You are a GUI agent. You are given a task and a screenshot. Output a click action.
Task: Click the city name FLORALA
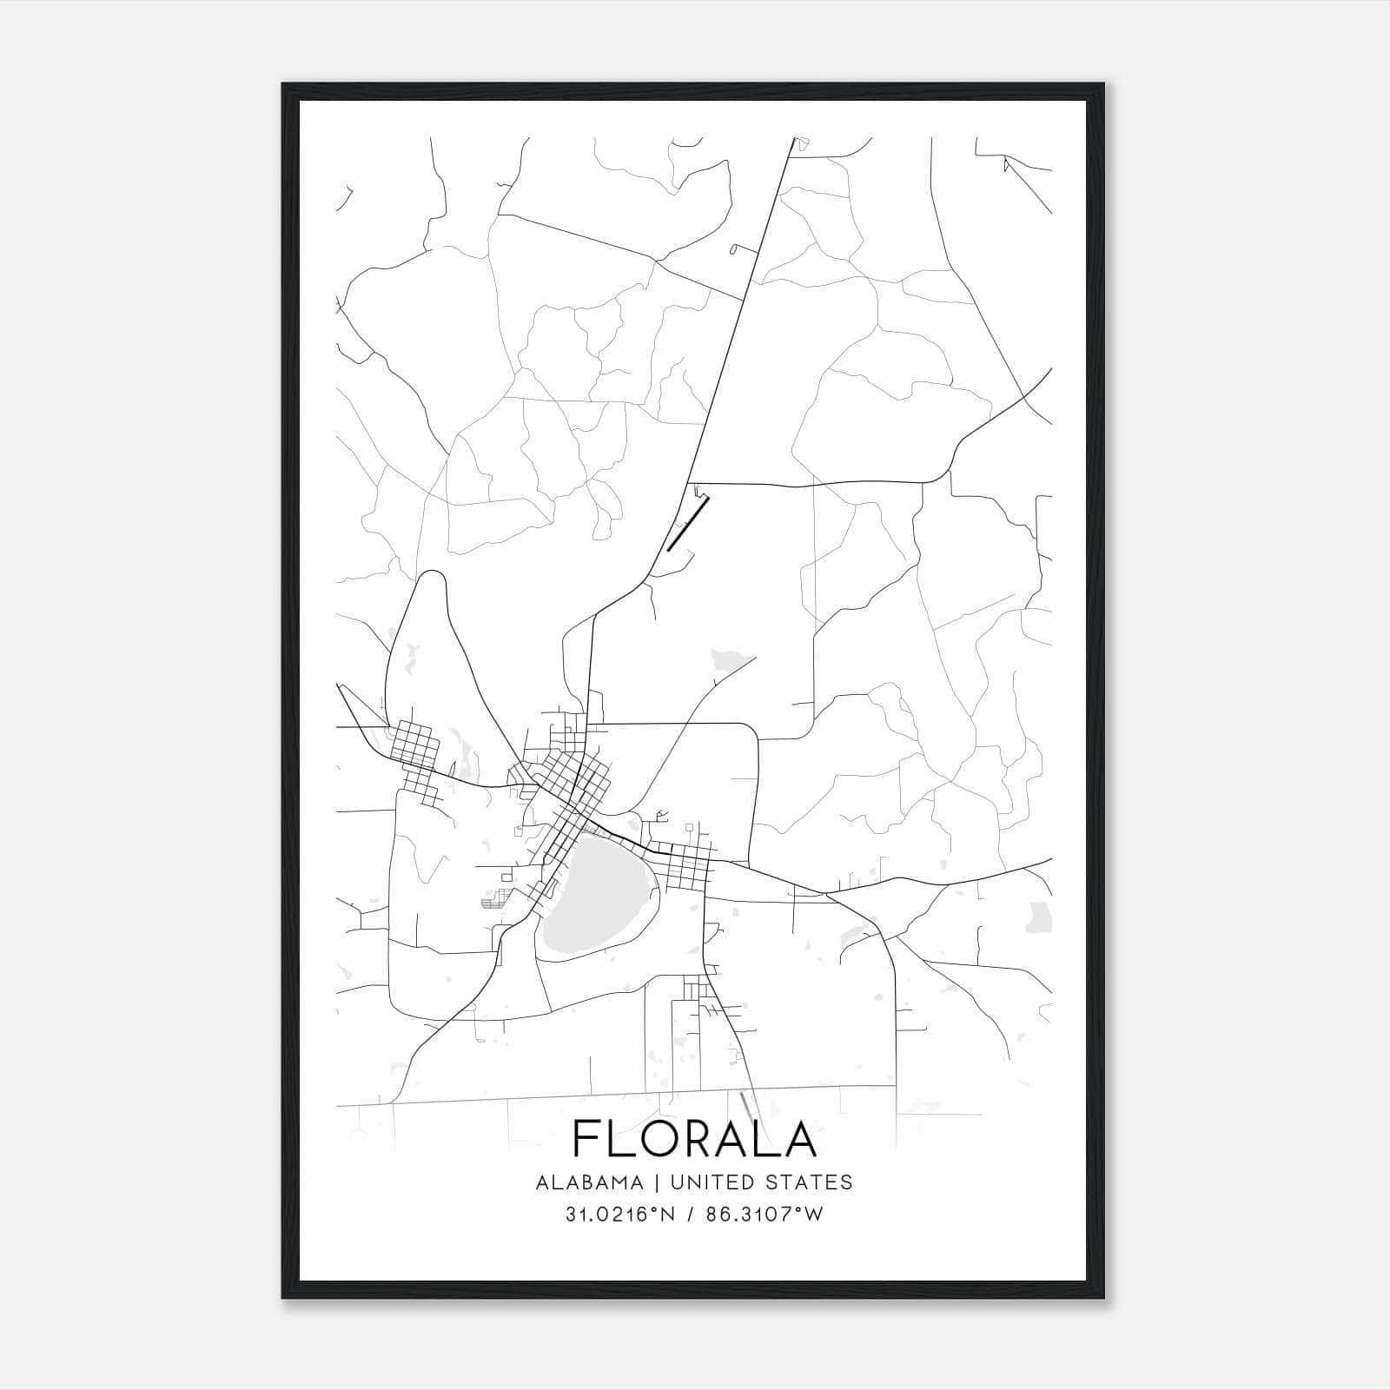[x=694, y=1139]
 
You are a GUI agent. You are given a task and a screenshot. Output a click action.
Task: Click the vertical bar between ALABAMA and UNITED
[x=654, y=1182]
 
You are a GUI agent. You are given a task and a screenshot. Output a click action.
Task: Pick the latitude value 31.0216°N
[x=619, y=1215]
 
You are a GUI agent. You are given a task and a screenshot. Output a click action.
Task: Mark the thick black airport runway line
[x=689, y=523]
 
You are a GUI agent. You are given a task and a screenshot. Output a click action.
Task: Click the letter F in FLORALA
[x=588, y=1139]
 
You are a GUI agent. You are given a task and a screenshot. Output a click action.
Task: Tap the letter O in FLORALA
[x=663, y=1139]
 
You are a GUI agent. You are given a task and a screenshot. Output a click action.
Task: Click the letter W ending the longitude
[x=812, y=1215]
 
